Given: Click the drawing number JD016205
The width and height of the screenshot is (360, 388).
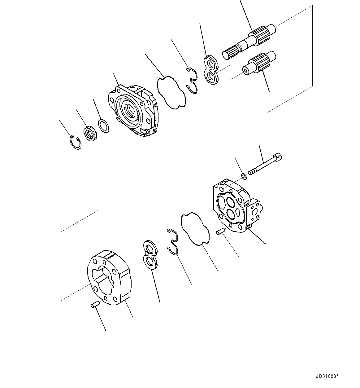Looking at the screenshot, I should click(327, 377).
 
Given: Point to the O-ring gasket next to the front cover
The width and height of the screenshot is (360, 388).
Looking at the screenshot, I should click(171, 93).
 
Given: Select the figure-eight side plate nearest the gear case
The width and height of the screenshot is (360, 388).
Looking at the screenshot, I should click(150, 254).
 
